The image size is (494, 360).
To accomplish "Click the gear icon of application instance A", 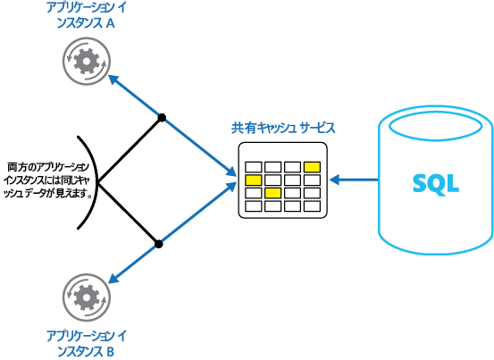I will (85, 62).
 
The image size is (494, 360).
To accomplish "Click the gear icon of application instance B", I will (85, 296).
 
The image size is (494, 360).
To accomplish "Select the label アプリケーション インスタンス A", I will (85, 17).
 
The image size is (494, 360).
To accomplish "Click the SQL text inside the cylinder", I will (436, 183).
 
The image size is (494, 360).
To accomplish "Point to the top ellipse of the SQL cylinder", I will (436, 122).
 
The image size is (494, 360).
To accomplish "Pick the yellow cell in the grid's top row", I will (312, 166).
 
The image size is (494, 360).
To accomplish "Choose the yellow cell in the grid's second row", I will (253, 180).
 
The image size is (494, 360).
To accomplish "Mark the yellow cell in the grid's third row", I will (272, 193).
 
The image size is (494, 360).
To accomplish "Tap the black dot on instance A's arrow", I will (162, 117).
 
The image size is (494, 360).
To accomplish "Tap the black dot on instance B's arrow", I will (158, 242).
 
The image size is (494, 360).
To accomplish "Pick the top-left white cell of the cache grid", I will (253, 166).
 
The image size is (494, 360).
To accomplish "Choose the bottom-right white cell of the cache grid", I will (312, 206).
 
